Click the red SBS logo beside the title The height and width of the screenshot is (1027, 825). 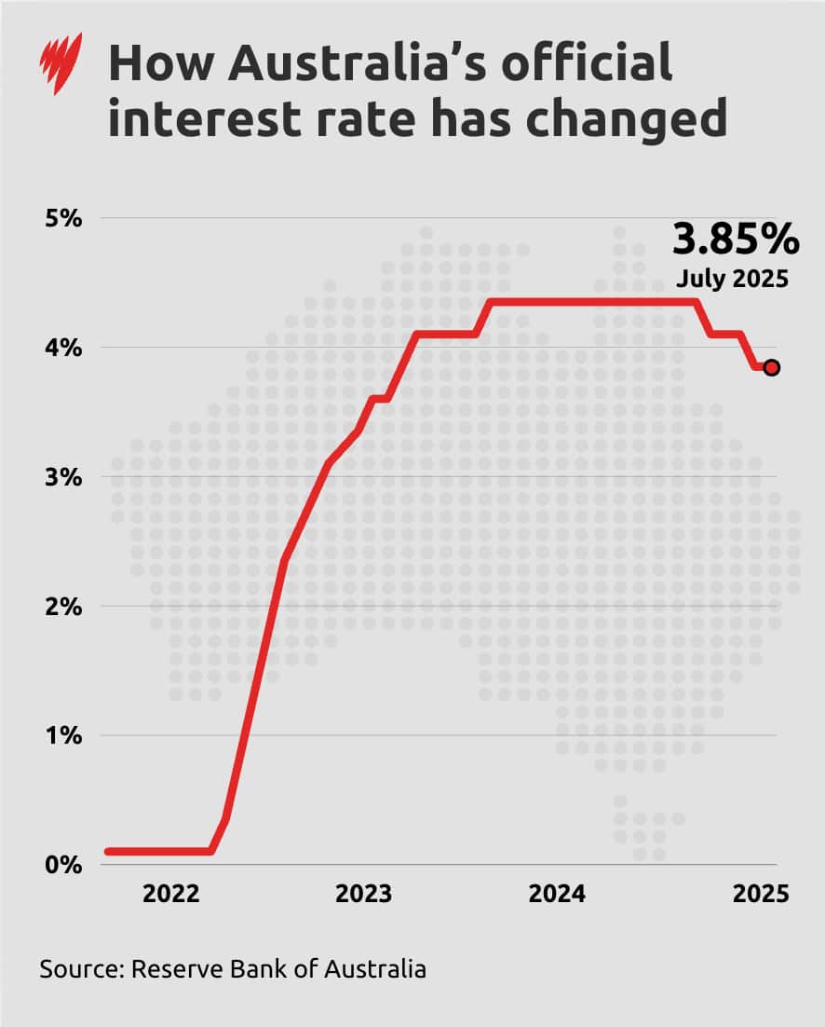click(61, 62)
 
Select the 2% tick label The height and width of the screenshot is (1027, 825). click(65, 606)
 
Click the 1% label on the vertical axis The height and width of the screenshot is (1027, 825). click(65, 735)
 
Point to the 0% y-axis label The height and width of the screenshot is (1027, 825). click(65, 864)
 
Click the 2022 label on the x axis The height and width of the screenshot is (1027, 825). click(170, 895)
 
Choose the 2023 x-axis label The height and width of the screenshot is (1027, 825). click(363, 895)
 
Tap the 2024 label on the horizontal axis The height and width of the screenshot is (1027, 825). click(557, 895)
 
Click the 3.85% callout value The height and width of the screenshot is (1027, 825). click(735, 240)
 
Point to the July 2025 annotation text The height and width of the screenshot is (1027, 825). click(732, 279)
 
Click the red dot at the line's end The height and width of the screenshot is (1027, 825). click(771, 368)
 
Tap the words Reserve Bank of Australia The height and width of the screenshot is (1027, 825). click(278, 968)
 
